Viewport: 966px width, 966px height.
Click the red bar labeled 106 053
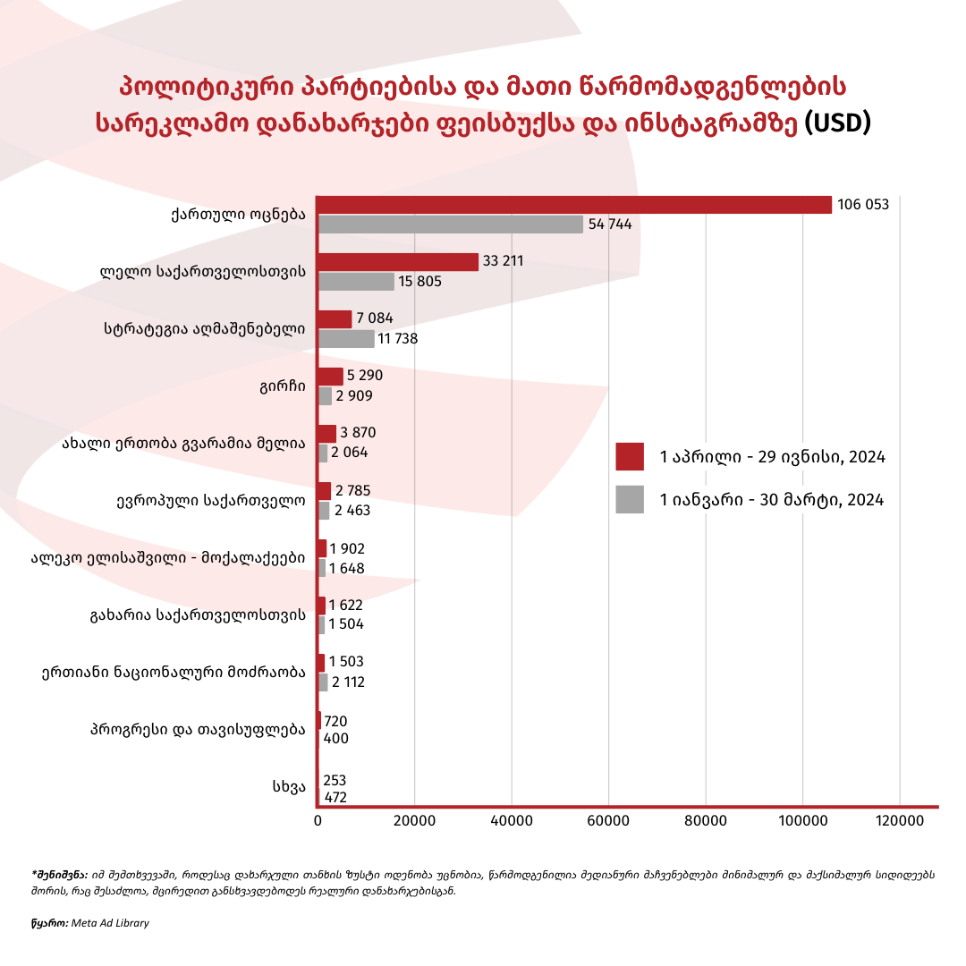tap(574, 205)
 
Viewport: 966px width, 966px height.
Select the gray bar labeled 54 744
tap(451, 224)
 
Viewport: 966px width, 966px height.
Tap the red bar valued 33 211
tap(398, 262)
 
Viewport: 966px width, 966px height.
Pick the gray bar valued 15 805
tap(356, 281)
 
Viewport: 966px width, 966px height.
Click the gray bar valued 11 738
tap(346, 339)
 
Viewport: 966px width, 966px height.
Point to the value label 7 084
tap(374, 318)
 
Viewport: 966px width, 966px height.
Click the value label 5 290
tap(364, 376)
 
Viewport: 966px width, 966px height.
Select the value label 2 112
tap(348, 682)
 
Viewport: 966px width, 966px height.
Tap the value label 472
tap(335, 797)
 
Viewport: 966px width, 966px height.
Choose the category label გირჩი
tap(285, 386)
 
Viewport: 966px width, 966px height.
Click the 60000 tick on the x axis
tap(608, 821)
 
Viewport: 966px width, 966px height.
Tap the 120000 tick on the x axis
tap(899, 821)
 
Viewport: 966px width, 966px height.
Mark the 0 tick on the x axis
tap(318, 821)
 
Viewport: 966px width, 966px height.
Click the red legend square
tap(630, 456)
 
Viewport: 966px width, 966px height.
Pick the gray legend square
tap(630, 499)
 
